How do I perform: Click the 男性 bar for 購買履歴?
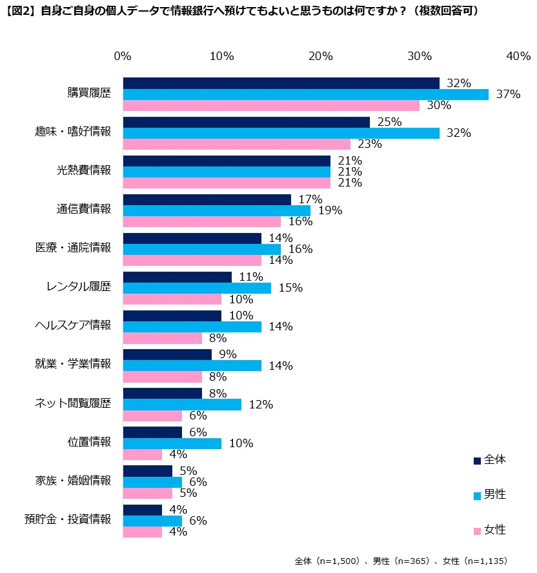coord(305,94)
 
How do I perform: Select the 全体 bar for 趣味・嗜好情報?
coord(246,122)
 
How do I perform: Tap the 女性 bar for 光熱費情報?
coord(226,183)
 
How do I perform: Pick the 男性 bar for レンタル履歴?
coord(197,288)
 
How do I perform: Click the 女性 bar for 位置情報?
coord(142,454)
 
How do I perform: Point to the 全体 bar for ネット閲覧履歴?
coord(162,393)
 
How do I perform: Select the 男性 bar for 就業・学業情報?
coord(192,365)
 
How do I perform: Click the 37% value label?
coord(508,94)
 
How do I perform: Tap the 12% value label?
coord(261,405)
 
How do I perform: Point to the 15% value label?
coord(290,288)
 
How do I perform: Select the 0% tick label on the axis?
coord(123,56)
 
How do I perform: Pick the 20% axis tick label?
coord(321,56)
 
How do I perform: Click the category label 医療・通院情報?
coord(73,248)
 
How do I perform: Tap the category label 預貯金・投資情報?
coord(68,519)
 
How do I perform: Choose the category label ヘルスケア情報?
coord(72,325)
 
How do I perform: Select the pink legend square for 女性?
coord(477,531)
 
